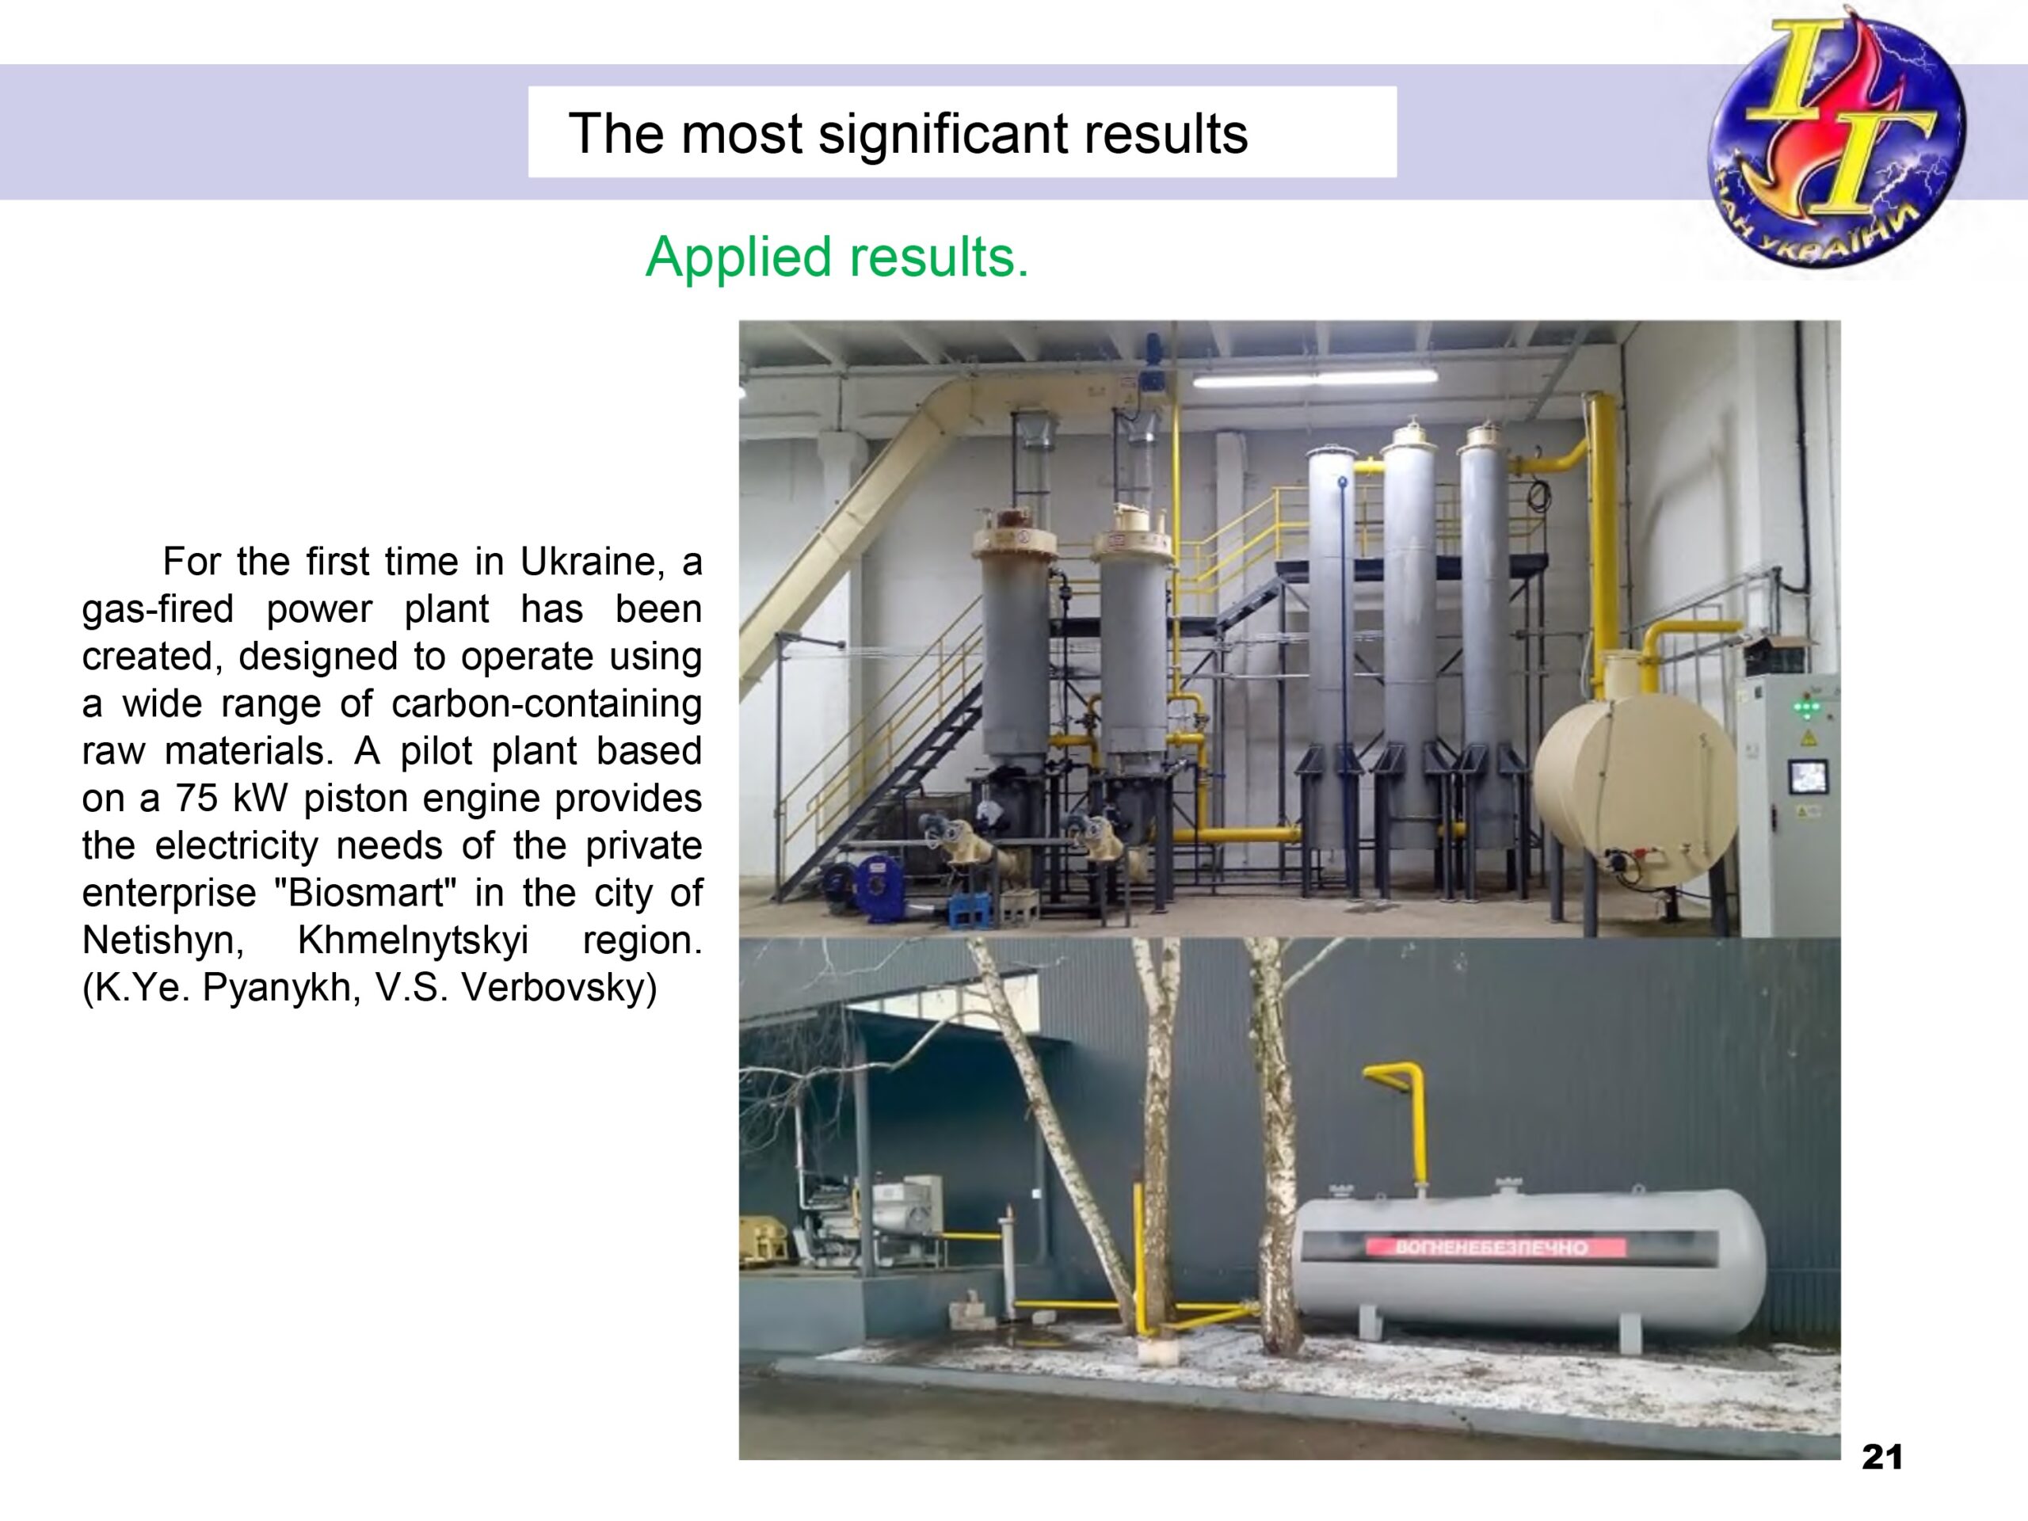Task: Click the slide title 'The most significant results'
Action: coord(908,134)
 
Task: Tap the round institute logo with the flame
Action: coord(1835,138)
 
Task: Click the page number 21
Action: coord(1882,1457)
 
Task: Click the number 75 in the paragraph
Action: coord(196,798)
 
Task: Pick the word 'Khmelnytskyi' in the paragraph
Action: coord(413,940)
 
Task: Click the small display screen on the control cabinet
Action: coord(1809,776)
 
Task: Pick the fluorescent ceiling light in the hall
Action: coord(1316,378)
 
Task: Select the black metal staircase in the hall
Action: coord(880,788)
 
